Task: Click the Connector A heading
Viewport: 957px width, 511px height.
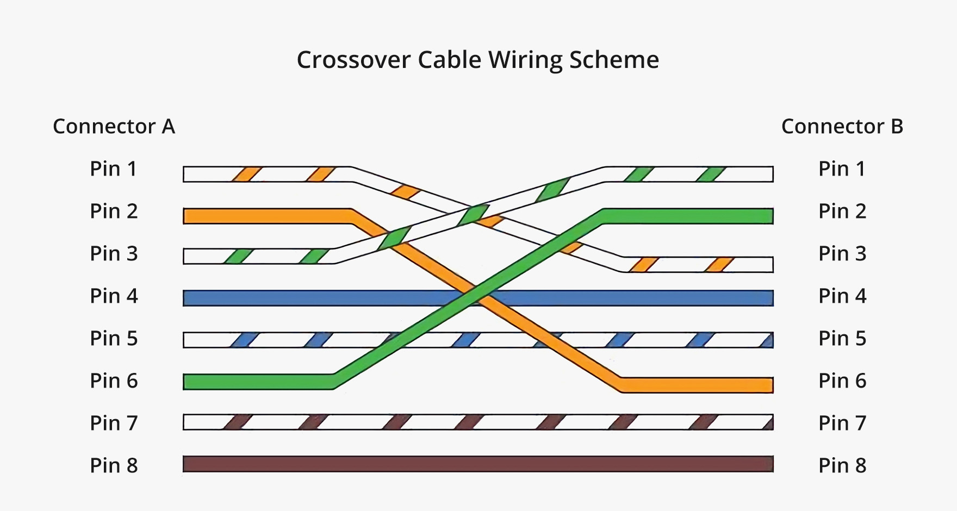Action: [x=114, y=127]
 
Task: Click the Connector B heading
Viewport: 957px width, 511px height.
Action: [x=842, y=127]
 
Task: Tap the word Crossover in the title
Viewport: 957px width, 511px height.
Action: [x=353, y=60]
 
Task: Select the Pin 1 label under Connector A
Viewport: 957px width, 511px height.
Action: [x=114, y=169]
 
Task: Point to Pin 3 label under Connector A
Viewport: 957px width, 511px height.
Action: [x=114, y=254]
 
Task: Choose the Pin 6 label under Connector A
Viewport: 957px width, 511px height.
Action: [x=114, y=381]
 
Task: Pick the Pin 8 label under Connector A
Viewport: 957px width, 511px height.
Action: [x=114, y=466]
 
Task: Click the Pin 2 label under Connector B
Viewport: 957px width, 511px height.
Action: [x=842, y=211]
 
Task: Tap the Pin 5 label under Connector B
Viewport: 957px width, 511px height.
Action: [x=842, y=339]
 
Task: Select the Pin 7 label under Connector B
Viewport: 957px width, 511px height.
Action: [x=842, y=423]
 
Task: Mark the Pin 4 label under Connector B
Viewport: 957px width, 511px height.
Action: [x=842, y=296]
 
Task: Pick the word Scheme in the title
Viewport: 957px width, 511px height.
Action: [x=614, y=60]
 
